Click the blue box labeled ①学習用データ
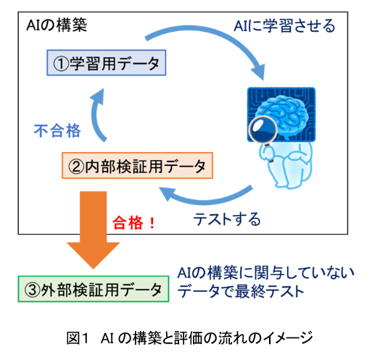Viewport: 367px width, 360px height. pos(106,63)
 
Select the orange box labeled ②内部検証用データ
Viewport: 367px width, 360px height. pos(137,165)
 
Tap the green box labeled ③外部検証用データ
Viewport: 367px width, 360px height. pos(94,289)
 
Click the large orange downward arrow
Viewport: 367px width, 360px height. pos(94,230)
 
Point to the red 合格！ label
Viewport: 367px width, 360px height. pos(133,222)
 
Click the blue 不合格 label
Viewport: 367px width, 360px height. pos(57,130)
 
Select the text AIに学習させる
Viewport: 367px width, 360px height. pos(284,25)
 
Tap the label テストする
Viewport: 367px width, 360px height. pos(227,219)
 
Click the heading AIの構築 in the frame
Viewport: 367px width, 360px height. pos(57,25)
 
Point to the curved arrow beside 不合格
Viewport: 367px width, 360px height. pos(96,116)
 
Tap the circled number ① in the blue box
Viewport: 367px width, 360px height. pos(61,64)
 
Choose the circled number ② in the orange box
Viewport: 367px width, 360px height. pos(76,167)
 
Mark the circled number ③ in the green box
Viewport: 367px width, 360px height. pos(32,290)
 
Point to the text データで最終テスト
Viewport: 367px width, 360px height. pos(241,291)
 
